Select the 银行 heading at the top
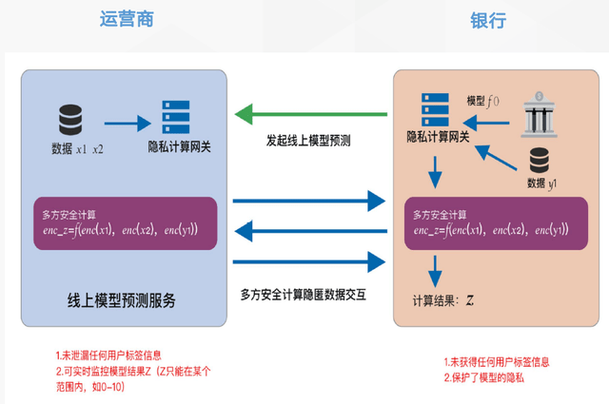[x=487, y=20]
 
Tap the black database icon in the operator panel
[x=70, y=121]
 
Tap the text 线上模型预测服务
[x=121, y=299]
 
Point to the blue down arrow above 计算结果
[x=434, y=272]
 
